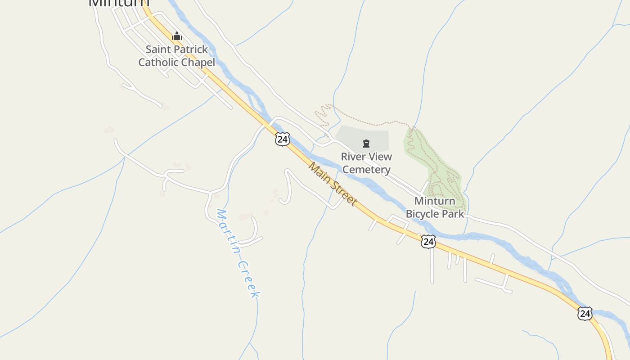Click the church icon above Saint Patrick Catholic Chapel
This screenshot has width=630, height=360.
(177, 36)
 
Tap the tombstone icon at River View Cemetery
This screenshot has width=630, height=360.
(366, 144)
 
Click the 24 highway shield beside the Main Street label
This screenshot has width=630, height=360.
(282, 139)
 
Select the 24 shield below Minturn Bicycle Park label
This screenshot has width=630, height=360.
(428, 242)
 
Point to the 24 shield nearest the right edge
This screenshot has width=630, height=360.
(585, 313)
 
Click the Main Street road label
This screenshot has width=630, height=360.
(333, 184)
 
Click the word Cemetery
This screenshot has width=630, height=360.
(366, 170)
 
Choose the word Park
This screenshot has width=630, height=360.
(453, 214)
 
